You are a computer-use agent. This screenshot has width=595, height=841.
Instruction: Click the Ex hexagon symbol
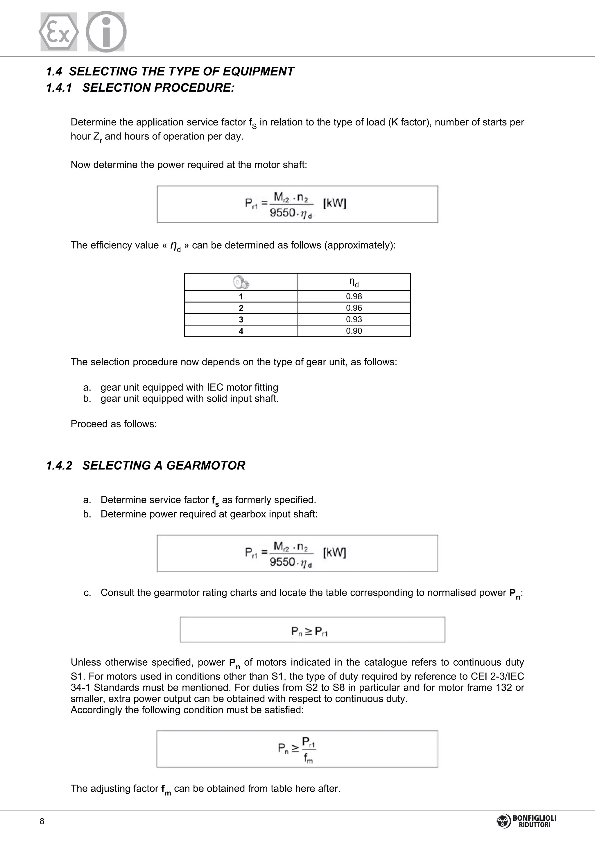[x=59, y=32]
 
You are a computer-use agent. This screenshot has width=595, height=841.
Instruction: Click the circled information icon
[x=106, y=32]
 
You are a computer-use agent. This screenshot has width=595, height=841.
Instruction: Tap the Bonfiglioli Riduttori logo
[x=526, y=821]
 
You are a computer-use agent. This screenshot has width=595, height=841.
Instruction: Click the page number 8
[x=42, y=821]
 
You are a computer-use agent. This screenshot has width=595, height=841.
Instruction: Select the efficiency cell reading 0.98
[x=354, y=296]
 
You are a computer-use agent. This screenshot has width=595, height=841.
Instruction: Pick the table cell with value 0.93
[x=354, y=319]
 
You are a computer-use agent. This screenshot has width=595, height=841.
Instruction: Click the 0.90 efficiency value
[x=354, y=331]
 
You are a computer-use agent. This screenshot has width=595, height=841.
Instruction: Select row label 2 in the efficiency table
[x=241, y=308]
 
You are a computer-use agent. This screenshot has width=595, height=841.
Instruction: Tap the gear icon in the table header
[x=241, y=282]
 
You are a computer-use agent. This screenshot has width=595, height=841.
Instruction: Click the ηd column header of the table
[x=354, y=282]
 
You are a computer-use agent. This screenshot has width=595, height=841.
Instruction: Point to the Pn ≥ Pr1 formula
[x=310, y=631]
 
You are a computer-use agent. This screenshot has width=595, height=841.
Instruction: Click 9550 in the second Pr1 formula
[x=282, y=562]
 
